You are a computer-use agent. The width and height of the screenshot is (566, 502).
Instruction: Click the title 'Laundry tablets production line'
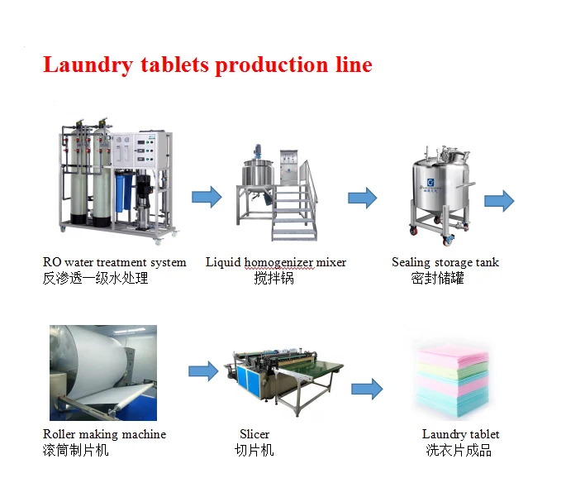(x=207, y=65)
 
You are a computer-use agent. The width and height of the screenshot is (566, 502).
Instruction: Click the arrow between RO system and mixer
(x=207, y=197)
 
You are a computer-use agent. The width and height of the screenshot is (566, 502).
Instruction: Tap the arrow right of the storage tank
(x=498, y=200)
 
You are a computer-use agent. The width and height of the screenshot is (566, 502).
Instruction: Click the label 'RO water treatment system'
(x=114, y=262)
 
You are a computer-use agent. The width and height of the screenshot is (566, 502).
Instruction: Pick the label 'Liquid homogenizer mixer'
(x=276, y=262)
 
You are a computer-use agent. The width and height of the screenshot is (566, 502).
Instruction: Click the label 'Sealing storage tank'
(x=445, y=262)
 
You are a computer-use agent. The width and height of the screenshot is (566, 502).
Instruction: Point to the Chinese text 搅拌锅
(x=273, y=279)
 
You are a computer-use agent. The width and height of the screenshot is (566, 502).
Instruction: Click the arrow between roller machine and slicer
(x=203, y=371)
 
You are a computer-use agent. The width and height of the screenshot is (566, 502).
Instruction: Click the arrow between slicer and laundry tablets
(x=366, y=388)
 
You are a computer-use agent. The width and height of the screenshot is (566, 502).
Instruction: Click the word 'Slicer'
(x=254, y=434)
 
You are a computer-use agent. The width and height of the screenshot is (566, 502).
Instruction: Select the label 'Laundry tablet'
(x=460, y=434)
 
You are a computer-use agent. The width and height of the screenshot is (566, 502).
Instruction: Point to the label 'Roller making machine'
(x=104, y=434)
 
